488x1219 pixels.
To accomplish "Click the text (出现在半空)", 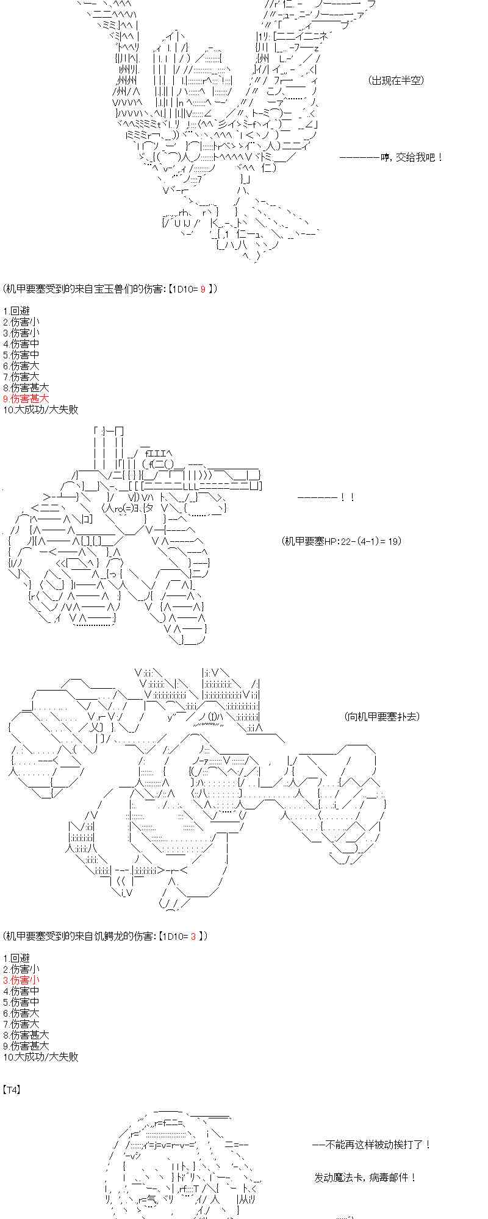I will (x=396, y=80).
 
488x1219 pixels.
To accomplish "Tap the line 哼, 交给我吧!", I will (x=391, y=157).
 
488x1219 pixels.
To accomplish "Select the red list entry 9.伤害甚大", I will (x=26, y=399).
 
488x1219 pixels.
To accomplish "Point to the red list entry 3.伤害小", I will (x=21, y=980).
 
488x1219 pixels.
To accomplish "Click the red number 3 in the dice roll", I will (x=193, y=936).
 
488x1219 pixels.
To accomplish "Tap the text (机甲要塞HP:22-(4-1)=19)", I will (x=342, y=541).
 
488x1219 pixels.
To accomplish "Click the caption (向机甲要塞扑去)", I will (x=382, y=717).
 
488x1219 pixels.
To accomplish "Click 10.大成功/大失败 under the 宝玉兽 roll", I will (x=41, y=410).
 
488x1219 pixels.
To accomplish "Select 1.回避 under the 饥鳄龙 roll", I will (x=16, y=958).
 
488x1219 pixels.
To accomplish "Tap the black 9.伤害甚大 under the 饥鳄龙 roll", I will (x=26, y=1046).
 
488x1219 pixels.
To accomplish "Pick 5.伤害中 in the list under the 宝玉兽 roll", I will (x=21, y=355).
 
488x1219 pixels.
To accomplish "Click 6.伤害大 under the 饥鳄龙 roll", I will (x=21, y=1013).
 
